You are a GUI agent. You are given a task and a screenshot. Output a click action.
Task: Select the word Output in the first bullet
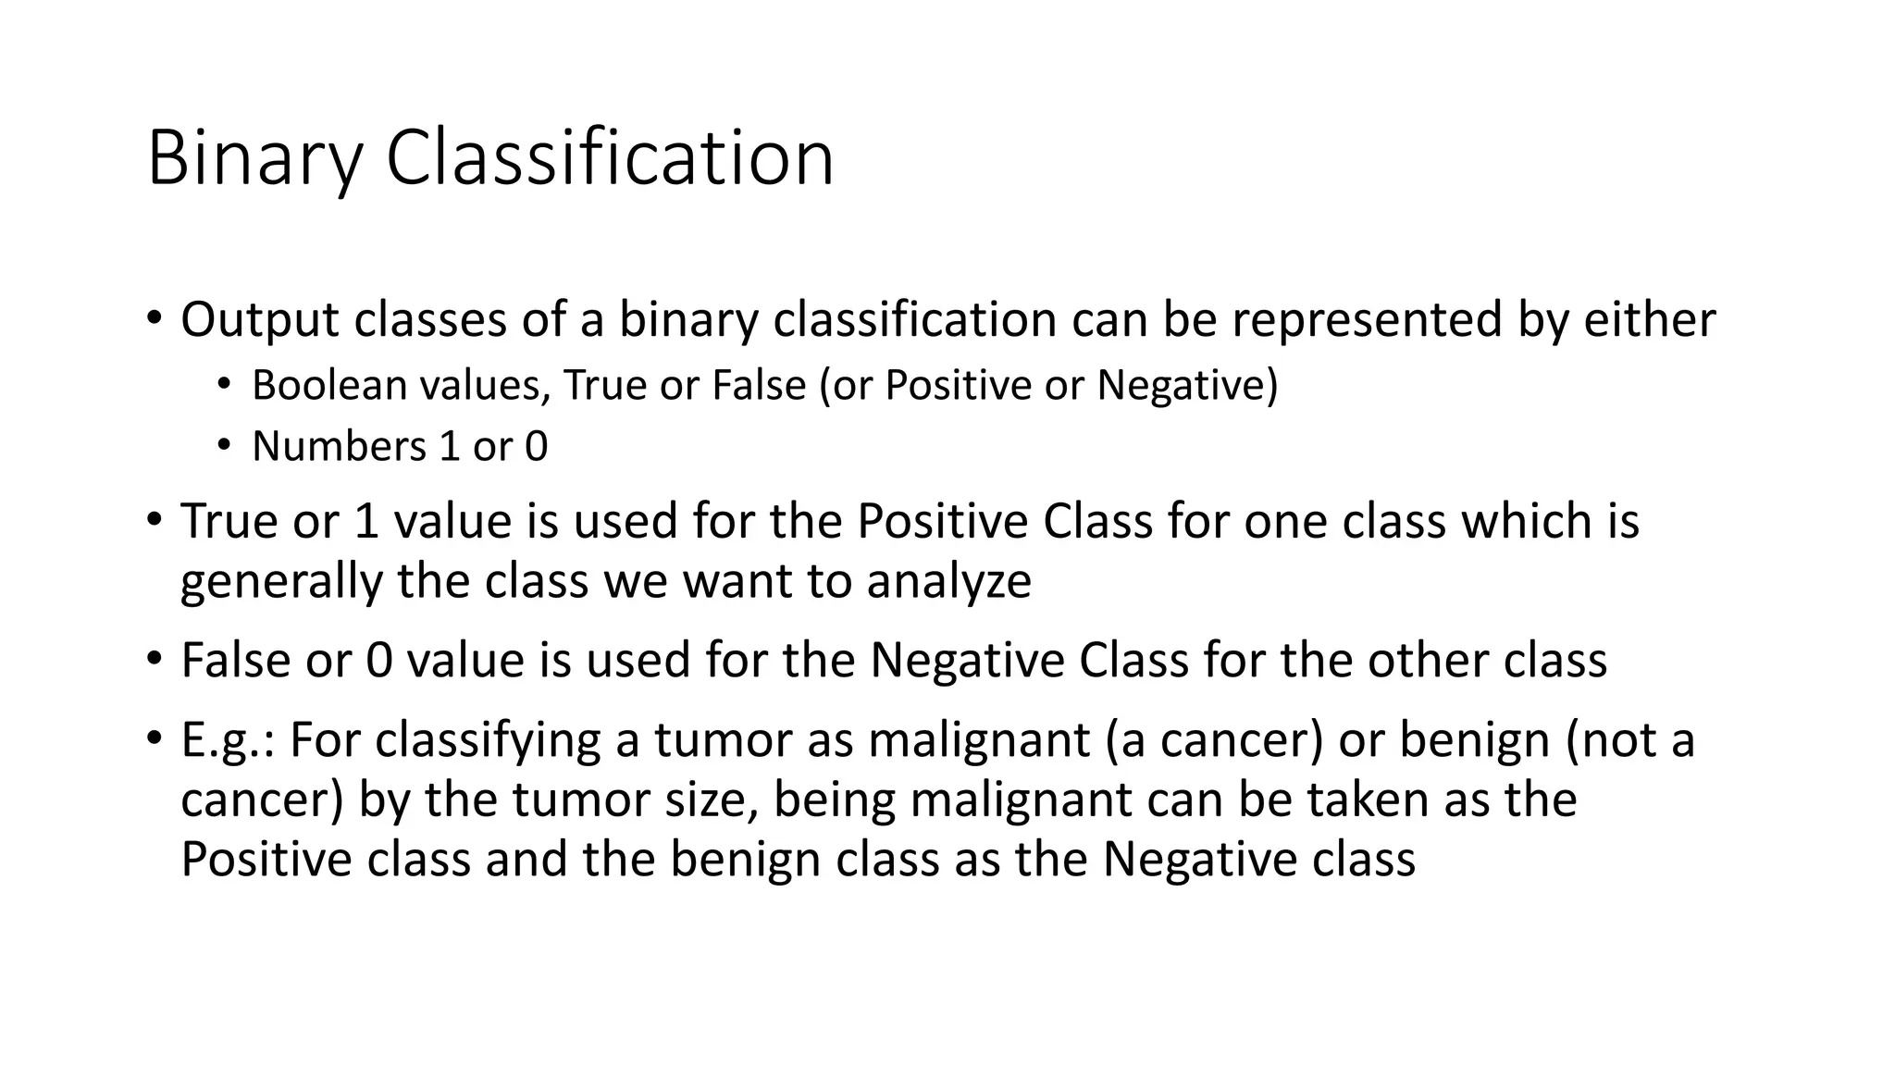tap(260, 320)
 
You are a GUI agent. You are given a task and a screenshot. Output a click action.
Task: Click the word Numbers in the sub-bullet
tap(339, 447)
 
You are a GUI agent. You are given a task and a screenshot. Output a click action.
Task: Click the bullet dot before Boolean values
tap(224, 385)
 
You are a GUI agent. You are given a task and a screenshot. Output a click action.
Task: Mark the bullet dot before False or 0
tap(153, 660)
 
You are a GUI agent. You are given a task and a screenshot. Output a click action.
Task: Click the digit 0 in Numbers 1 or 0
tap(536, 447)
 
